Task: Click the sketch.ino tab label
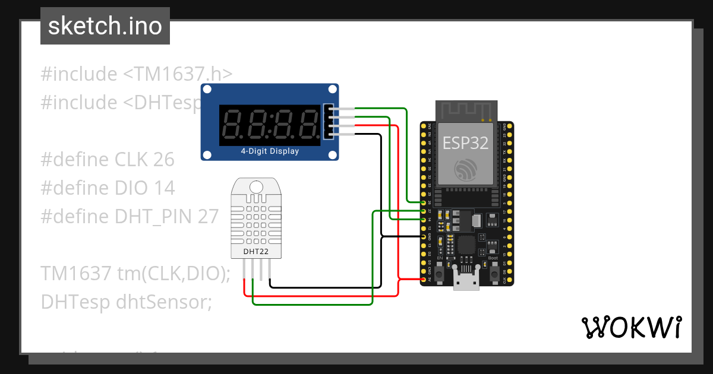105,26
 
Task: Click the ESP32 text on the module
465,142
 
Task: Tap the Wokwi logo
630,327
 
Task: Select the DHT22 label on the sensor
256,251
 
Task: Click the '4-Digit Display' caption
270,151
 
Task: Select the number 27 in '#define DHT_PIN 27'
209,217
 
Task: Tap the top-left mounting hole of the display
207,90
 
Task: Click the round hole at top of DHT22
256,186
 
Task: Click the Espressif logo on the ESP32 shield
465,171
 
